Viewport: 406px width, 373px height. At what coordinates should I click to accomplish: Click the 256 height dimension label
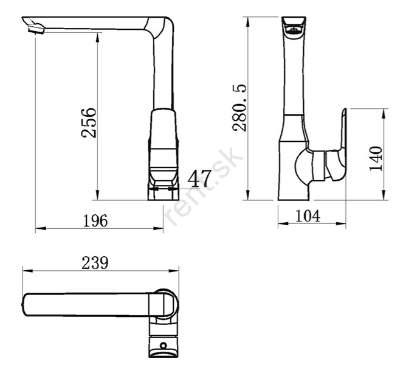89,122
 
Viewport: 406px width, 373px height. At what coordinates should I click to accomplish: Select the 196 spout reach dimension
95,221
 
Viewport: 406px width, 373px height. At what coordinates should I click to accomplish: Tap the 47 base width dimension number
199,179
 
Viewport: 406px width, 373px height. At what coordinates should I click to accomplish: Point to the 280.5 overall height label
239,108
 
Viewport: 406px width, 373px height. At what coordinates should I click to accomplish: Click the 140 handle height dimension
376,158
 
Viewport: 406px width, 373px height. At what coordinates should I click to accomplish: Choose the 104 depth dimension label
308,216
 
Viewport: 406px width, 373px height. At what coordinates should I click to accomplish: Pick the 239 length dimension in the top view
95,263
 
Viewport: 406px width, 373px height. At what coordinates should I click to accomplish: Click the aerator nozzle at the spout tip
36,29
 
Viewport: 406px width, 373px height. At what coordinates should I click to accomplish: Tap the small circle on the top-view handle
163,346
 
